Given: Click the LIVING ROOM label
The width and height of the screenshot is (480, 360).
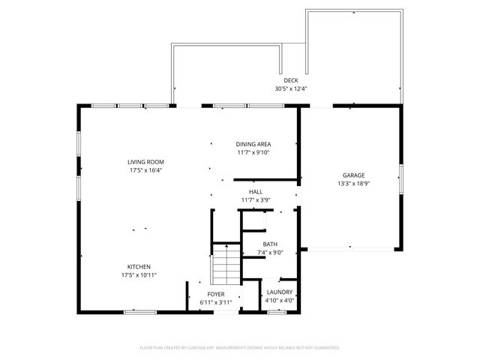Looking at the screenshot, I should pyautogui.click(x=145, y=162).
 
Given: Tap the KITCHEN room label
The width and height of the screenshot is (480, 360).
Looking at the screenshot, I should pyautogui.click(x=139, y=266).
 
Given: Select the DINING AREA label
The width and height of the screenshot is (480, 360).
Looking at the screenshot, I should pyautogui.click(x=253, y=144).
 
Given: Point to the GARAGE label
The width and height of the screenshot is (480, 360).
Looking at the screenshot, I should pyautogui.click(x=354, y=175).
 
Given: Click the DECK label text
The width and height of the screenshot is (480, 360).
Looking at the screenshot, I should pyautogui.click(x=291, y=80).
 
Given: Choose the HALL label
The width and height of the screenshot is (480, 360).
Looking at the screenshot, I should pyautogui.click(x=256, y=192).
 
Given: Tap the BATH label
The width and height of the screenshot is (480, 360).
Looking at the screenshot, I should pyautogui.click(x=270, y=244).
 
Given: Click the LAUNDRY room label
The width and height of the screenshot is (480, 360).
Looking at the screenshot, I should pyautogui.click(x=279, y=292).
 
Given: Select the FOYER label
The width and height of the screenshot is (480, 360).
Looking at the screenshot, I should pyautogui.click(x=216, y=294).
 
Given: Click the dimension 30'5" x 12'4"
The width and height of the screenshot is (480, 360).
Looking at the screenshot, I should pyautogui.click(x=291, y=88).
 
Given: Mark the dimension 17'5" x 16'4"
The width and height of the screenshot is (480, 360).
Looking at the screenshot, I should pyautogui.click(x=145, y=170).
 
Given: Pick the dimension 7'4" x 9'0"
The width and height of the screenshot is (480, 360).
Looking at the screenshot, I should pyautogui.click(x=270, y=253).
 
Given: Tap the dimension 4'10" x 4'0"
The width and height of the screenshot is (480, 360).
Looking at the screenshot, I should pyautogui.click(x=279, y=300).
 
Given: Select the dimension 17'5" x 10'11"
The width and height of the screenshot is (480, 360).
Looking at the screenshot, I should pyautogui.click(x=139, y=274).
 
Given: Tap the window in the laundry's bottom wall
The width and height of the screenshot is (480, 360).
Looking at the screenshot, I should pyautogui.click(x=277, y=310).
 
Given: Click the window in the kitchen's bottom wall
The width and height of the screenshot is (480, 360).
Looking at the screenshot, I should pyautogui.click(x=139, y=310).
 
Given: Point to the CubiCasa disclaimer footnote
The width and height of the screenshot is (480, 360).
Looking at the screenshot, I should pyautogui.click(x=240, y=348).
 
